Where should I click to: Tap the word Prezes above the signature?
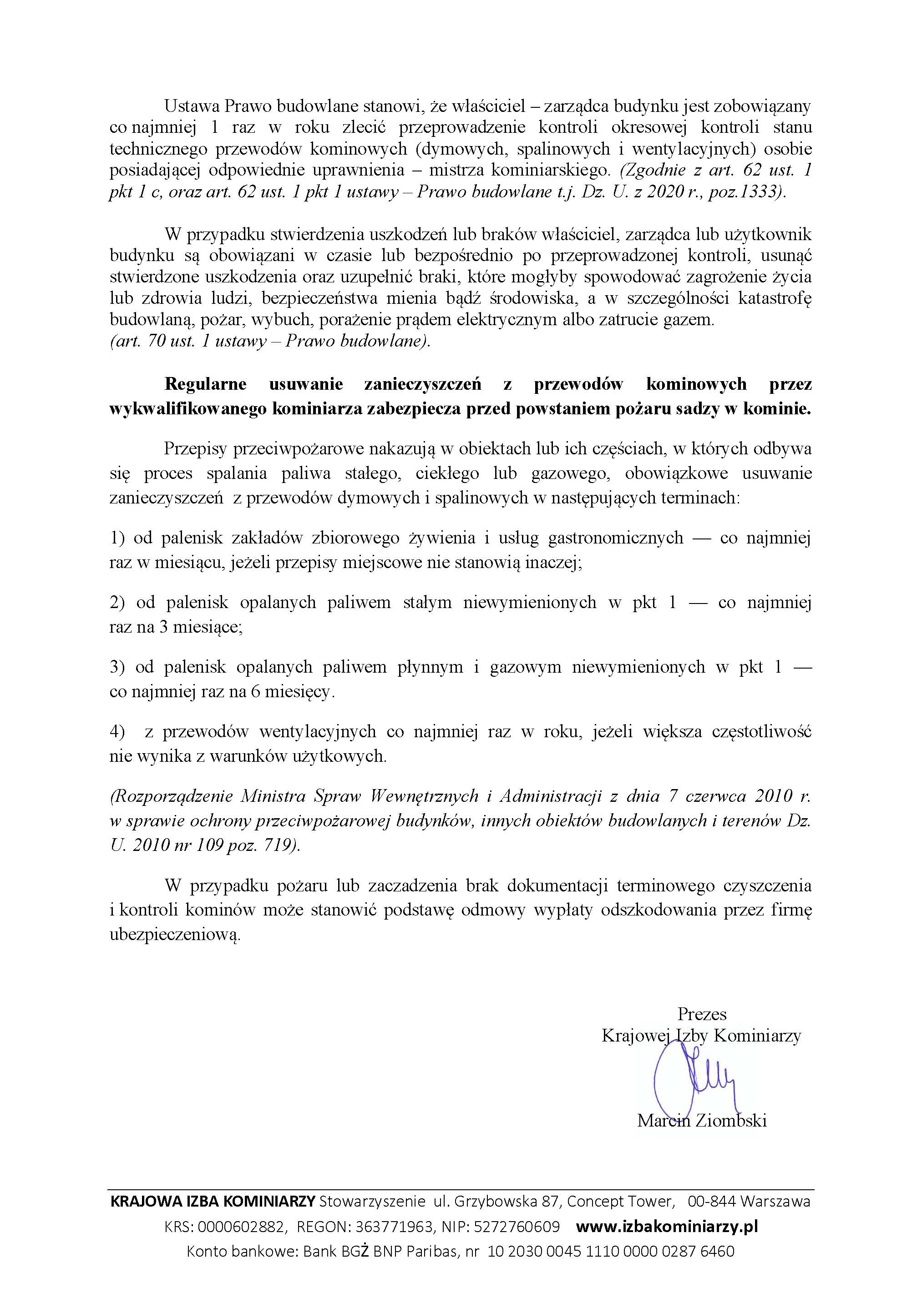coord(702,1014)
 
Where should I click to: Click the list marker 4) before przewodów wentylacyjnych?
coord(117,731)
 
